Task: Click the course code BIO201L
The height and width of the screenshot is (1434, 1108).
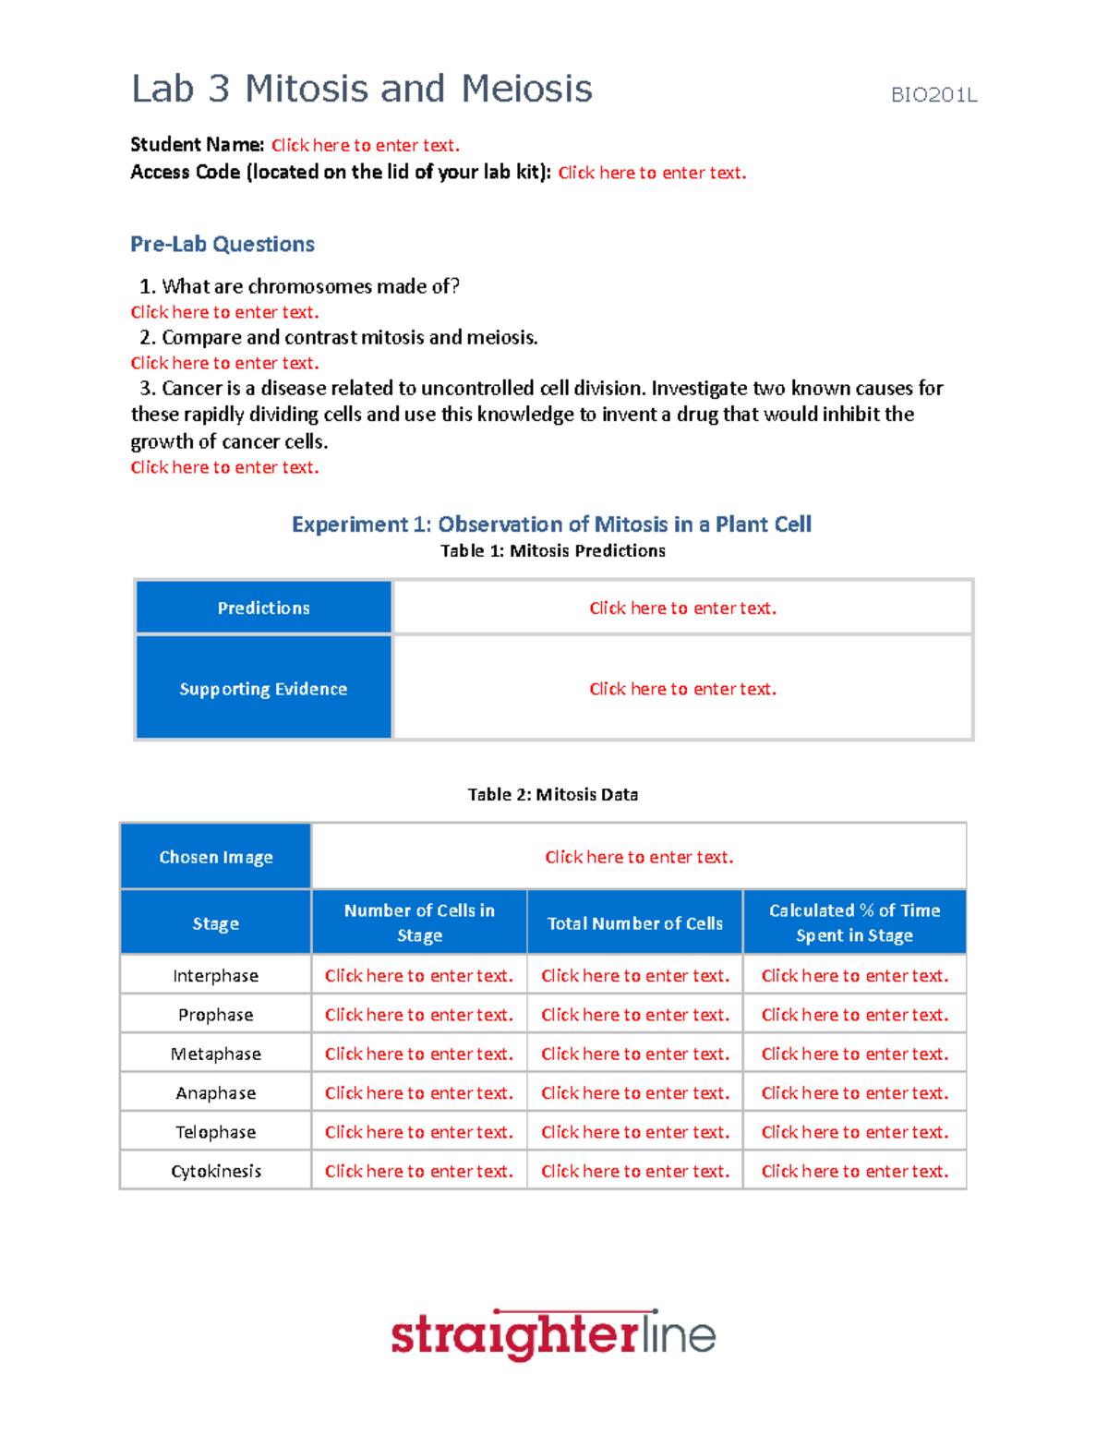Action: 933,95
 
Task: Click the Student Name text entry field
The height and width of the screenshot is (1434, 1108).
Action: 365,145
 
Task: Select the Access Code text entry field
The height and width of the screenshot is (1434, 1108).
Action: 652,173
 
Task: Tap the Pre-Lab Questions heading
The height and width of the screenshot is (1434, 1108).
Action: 223,244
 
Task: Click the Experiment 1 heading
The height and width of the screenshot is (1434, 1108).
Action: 551,524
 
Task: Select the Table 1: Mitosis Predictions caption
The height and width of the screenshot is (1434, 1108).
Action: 552,550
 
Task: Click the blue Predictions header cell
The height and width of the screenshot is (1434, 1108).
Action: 263,608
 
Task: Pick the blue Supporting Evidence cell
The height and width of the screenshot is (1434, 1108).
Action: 263,688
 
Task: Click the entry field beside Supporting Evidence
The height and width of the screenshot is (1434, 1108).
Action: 682,689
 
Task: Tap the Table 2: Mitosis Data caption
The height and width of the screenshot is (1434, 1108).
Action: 552,794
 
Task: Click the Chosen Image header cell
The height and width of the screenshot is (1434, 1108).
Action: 216,857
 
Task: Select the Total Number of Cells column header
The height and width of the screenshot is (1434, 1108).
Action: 634,922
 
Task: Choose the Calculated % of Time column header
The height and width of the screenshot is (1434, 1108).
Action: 854,922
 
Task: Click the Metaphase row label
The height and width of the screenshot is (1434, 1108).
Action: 216,1054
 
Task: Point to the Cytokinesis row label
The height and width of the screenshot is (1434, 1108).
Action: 216,1171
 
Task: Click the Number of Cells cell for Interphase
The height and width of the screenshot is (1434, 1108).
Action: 418,976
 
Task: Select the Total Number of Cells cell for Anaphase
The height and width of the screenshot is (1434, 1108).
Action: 634,1093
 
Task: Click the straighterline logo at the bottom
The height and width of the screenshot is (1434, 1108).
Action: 553,1335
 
